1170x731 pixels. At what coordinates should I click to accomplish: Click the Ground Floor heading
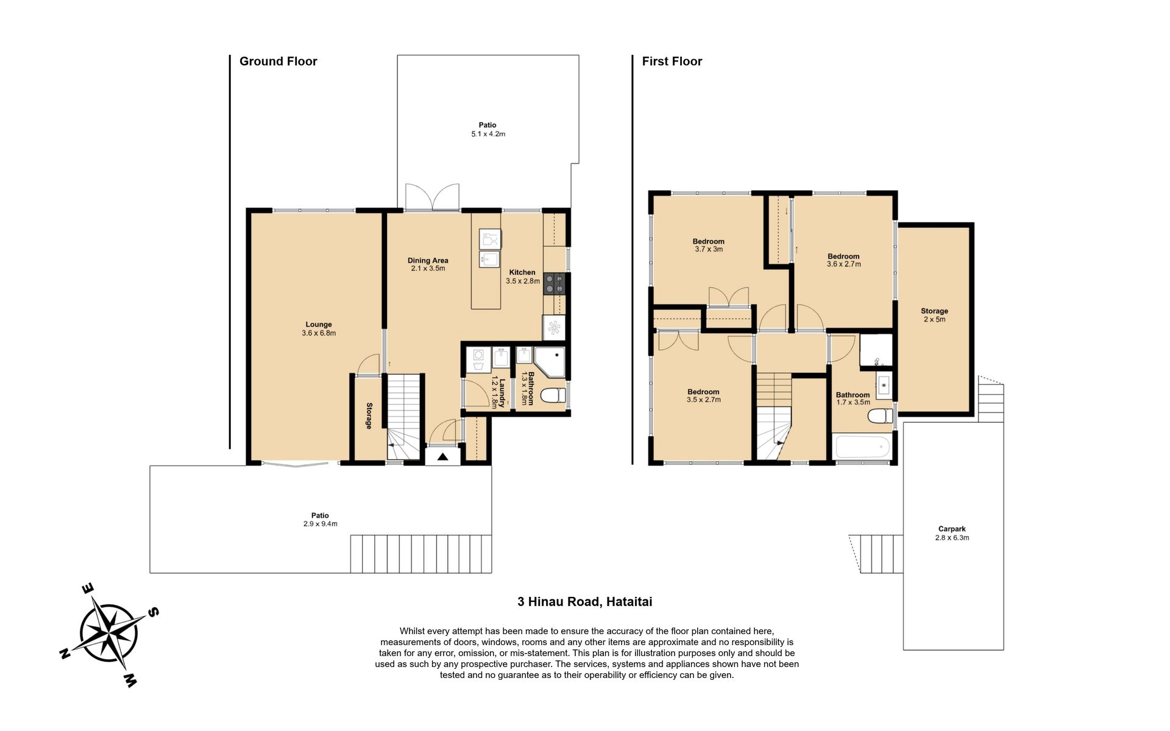pyautogui.click(x=278, y=62)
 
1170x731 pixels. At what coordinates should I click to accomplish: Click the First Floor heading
pyautogui.click(x=672, y=62)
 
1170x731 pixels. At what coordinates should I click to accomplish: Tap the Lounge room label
pyautogui.click(x=319, y=325)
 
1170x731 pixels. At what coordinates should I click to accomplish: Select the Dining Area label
pyautogui.click(x=428, y=260)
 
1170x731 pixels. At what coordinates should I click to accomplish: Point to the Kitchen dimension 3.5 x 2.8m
pyautogui.click(x=523, y=281)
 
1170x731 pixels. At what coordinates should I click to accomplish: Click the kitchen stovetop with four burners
pyautogui.click(x=555, y=283)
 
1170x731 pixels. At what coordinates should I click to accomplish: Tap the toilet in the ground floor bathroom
pyautogui.click(x=553, y=396)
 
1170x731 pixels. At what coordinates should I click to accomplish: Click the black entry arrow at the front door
pyautogui.click(x=443, y=456)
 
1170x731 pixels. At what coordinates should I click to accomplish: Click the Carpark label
pyautogui.click(x=952, y=529)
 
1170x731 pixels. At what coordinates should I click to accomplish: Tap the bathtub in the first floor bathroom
pyautogui.click(x=863, y=447)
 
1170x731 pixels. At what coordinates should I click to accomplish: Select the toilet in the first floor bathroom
pyautogui.click(x=880, y=417)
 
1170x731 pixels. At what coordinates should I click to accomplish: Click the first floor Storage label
pyautogui.click(x=934, y=311)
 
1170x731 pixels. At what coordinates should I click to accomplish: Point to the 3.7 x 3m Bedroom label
pyautogui.click(x=709, y=245)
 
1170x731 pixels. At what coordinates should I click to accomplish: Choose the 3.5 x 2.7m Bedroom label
pyautogui.click(x=703, y=396)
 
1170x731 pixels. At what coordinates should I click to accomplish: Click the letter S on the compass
pyautogui.click(x=154, y=612)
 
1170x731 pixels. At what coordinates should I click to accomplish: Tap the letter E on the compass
pyautogui.click(x=88, y=588)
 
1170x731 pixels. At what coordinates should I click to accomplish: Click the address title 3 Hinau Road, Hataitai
pyautogui.click(x=584, y=602)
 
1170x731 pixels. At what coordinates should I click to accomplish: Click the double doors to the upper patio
pyautogui.click(x=433, y=197)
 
